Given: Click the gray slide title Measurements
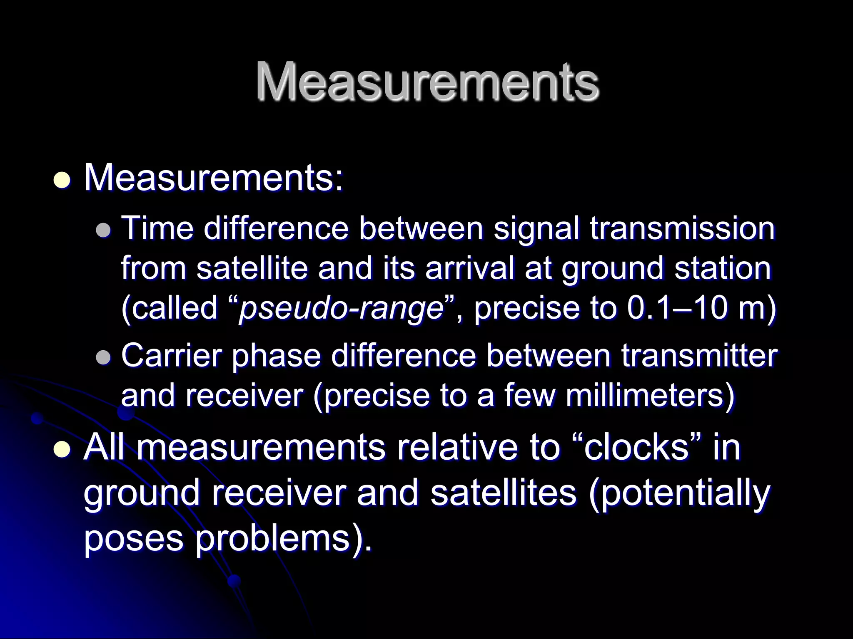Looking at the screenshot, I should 427,82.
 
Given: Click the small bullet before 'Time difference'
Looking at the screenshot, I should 103,230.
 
